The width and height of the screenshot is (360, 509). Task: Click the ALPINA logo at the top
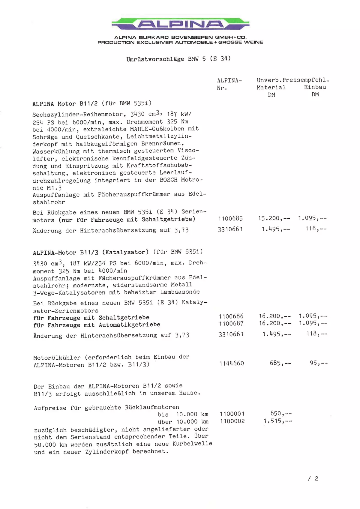180,24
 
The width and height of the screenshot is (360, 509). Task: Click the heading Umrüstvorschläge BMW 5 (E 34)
178,59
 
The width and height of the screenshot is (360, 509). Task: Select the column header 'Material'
271,87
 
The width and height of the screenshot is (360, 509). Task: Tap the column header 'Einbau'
315,87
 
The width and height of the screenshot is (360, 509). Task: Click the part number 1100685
230,219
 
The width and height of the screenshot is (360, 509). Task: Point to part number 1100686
231,316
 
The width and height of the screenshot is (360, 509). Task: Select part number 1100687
231,324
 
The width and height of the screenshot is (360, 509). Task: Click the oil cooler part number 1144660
232,364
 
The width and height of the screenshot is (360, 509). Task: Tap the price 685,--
280,363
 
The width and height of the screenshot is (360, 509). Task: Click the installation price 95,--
319,363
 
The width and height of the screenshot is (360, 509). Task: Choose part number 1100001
232,414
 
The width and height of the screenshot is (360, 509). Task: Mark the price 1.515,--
278,421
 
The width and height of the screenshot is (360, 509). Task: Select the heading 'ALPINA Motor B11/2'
65,104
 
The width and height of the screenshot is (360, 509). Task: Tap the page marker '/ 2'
313,479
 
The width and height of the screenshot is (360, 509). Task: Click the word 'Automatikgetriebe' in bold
129,325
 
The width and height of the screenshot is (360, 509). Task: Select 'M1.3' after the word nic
54,188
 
